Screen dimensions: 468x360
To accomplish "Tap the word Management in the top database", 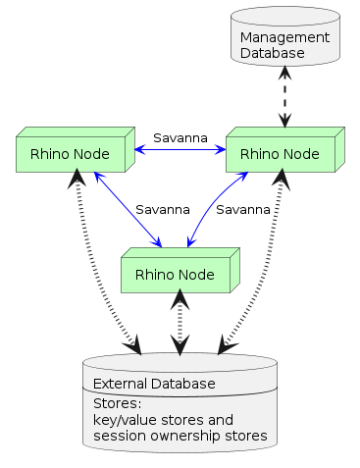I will [283, 37].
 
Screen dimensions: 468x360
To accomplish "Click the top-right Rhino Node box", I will [280, 153].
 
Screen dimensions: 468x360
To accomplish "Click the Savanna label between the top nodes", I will [180, 138].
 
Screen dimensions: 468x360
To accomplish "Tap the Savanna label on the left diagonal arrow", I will [162, 209].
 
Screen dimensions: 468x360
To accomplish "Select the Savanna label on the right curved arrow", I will [242, 209].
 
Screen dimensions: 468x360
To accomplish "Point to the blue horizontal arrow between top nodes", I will [180, 150].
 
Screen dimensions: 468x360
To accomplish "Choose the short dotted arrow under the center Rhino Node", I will [180, 324].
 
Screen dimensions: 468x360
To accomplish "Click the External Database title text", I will [153, 383].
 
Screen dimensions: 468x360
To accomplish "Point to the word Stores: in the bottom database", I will [117, 402].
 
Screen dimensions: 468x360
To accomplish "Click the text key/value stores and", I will [163, 418].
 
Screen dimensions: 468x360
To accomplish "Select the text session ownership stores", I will [179, 434].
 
